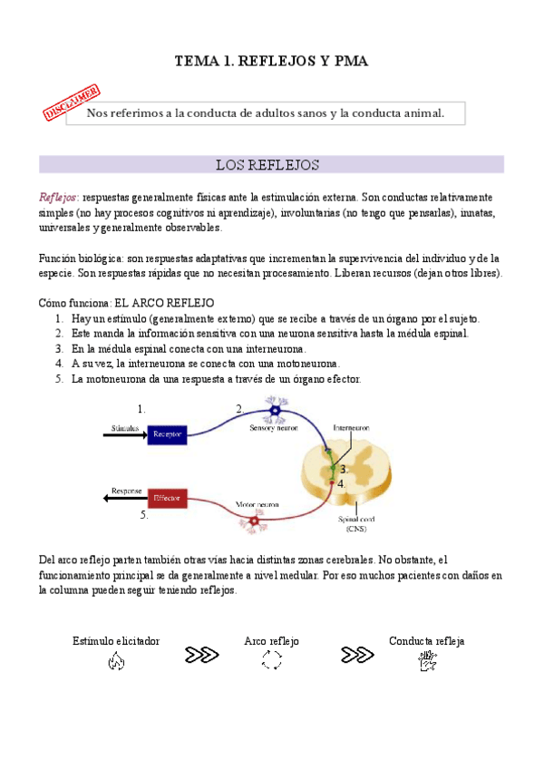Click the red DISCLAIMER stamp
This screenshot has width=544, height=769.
pyautogui.click(x=71, y=102)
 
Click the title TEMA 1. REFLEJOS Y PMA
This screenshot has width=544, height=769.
pyautogui.click(x=273, y=61)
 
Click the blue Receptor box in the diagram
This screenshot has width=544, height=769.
pyautogui.click(x=167, y=434)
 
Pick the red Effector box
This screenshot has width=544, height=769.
pyautogui.click(x=167, y=498)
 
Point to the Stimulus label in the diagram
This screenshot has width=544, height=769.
pyautogui.click(x=125, y=426)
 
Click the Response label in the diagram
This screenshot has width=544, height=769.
pyautogui.click(x=126, y=491)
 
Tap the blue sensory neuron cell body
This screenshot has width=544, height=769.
pyautogui.click(x=273, y=413)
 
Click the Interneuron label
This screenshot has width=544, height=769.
pyautogui.click(x=351, y=426)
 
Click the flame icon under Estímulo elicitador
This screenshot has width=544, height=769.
pyautogui.click(x=115, y=662)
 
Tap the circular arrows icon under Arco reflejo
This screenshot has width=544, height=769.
pyautogui.click(x=272, y=662)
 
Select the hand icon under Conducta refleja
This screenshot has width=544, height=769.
pyautogui.click(x=427, y=662)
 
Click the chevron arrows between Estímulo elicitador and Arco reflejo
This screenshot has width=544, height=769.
pyautogui.click(x=200, y=654)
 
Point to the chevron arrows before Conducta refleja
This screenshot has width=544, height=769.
pyautogui.click(x=357, y=654)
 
